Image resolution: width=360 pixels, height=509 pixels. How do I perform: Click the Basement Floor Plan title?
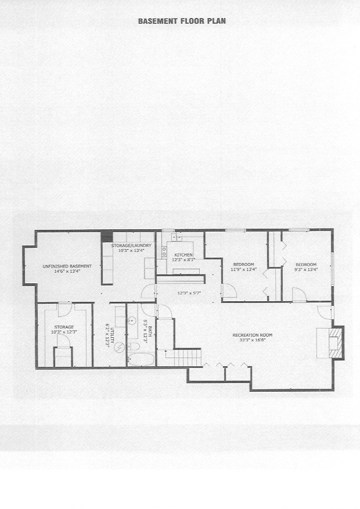point(182,21)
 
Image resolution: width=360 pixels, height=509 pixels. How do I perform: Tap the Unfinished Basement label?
point(67,266)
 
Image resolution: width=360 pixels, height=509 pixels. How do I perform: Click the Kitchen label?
point(183,255)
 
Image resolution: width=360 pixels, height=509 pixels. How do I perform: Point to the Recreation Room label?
point(252,335)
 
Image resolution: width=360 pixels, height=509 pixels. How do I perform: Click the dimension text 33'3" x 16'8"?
point(252,341)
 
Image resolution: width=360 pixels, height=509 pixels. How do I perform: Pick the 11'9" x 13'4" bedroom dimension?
point(243,269)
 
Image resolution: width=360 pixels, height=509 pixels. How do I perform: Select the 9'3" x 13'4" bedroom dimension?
point(305,269)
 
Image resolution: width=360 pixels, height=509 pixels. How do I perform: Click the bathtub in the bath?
point(141,360)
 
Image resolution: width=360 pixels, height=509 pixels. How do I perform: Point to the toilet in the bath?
point(134,346)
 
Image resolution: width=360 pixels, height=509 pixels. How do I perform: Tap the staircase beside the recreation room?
point(188,357)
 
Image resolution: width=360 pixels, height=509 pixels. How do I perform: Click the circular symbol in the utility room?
point(119,348)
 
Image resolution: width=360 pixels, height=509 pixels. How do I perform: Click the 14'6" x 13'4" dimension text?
point(67,271)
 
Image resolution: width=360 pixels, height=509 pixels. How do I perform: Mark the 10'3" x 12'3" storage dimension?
point(64,333)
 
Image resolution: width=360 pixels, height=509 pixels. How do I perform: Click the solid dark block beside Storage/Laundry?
point(107,236)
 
